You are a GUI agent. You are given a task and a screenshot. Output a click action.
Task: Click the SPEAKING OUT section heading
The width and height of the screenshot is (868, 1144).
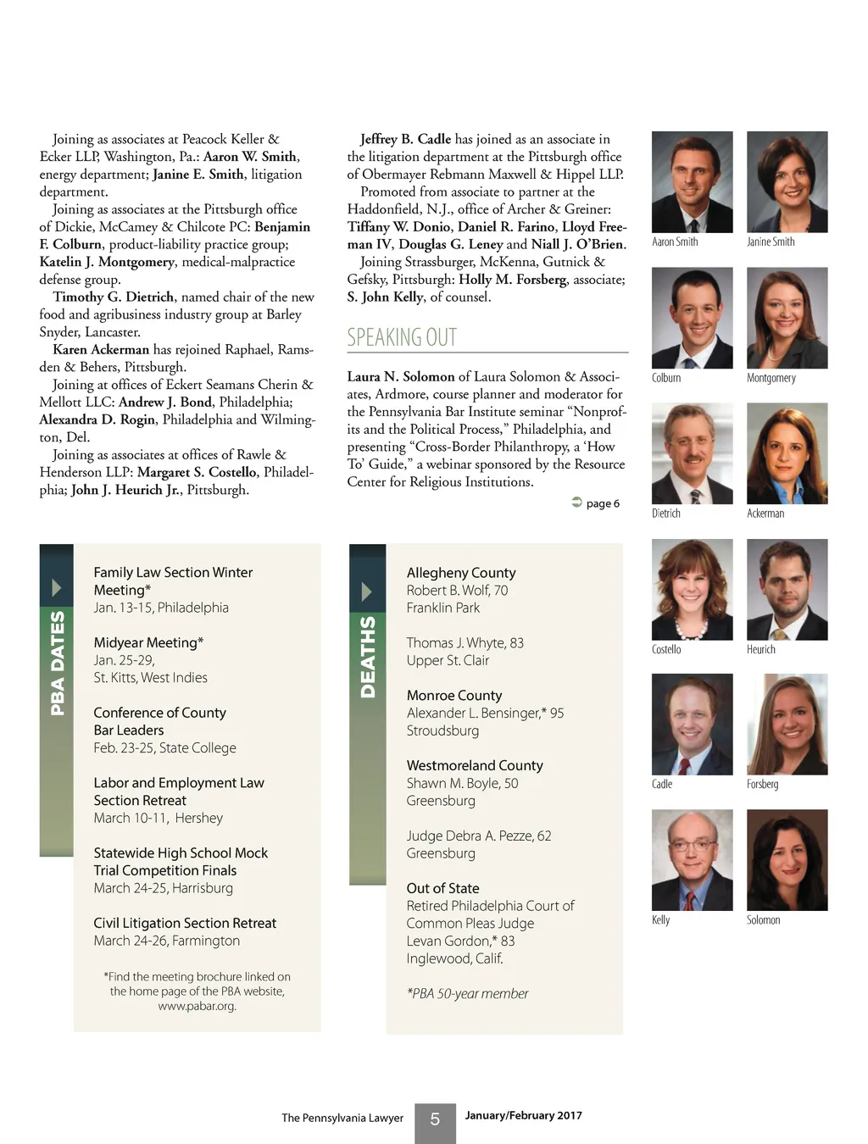[402, 337]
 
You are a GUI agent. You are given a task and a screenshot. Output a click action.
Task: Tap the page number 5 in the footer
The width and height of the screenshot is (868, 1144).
[435, 1119]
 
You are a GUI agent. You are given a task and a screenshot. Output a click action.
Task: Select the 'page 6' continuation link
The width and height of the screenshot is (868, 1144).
[596, 503]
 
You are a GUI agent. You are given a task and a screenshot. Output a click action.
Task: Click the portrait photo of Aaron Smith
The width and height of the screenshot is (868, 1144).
[692, 181]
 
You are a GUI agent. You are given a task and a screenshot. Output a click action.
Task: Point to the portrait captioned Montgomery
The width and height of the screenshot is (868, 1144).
[787, 318]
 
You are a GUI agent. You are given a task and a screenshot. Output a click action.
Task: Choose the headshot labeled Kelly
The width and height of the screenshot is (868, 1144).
[692, 859]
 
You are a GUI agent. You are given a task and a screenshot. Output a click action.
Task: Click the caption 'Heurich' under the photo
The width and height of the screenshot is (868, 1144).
[761, 649]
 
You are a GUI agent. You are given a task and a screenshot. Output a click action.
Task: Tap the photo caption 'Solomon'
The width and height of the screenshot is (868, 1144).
[763, 920]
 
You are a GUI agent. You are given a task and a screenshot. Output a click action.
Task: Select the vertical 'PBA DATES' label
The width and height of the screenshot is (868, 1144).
[57, 663]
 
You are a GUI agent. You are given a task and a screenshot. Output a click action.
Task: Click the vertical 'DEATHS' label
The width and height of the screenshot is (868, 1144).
[367, 657]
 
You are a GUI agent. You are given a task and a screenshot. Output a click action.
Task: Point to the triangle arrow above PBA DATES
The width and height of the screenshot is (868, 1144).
[57, 587]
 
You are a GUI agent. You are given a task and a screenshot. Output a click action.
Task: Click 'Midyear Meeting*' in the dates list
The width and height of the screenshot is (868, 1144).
[148, 642]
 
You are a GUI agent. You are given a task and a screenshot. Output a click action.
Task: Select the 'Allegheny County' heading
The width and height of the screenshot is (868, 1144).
[461, 573]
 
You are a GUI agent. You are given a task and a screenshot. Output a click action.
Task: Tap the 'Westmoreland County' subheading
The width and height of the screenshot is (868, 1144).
[475, 765]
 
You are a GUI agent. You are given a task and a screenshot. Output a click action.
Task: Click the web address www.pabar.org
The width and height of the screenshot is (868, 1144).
[197, 1006]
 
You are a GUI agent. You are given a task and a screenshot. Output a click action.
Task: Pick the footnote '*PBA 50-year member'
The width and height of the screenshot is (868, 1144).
[467, 993]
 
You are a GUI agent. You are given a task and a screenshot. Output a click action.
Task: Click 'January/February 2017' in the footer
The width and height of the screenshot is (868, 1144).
[523, 1115]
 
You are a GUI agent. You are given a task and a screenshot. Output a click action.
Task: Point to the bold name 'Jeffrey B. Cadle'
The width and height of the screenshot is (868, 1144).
[405, 139]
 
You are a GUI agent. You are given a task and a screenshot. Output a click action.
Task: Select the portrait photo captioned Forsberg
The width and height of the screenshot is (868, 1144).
[787, 724]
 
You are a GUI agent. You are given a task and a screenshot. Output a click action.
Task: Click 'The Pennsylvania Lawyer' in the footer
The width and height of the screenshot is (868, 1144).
[342, 1118]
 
